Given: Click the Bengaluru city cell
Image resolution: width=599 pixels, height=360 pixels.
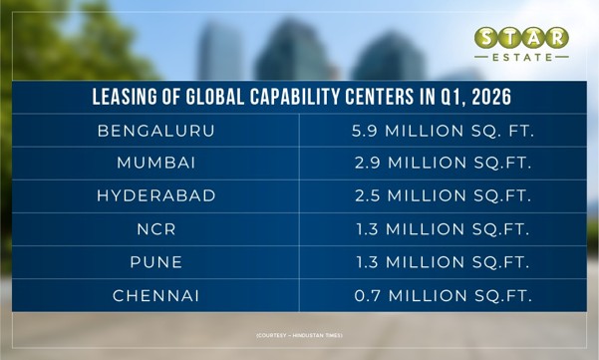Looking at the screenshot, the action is pos(156,131).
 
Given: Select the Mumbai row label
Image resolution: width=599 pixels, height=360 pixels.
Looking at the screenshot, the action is pos(156,163).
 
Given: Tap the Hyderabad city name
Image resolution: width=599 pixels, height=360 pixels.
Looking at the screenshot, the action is pos(156,195).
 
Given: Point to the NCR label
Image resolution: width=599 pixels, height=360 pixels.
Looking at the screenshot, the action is pos(156,229).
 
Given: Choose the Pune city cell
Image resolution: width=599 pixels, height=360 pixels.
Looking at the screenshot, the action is pos(156,262).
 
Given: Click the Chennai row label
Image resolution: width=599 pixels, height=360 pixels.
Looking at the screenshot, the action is pos(156,296).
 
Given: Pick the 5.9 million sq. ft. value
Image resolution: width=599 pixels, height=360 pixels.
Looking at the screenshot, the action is pos(443,131).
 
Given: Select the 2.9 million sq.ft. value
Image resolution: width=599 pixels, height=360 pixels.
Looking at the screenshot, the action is pos(444,163).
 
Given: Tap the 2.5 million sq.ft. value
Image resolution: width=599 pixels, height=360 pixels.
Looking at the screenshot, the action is pos(444,195).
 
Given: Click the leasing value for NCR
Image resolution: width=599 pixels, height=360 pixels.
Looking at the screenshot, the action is pos(443,229).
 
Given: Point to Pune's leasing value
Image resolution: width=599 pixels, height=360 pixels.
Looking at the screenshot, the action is pos(443,262).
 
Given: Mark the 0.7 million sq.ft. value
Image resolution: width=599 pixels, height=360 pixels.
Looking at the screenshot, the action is pos(444,296).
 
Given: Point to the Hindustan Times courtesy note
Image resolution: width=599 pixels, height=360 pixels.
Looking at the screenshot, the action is pos(299,335).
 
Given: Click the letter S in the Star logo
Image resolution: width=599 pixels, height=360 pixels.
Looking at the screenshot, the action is pos(486,38).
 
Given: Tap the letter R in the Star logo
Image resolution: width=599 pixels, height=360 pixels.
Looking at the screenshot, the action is pos(557,38).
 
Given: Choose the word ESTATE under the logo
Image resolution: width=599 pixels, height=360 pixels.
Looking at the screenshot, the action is pos(522,57).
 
